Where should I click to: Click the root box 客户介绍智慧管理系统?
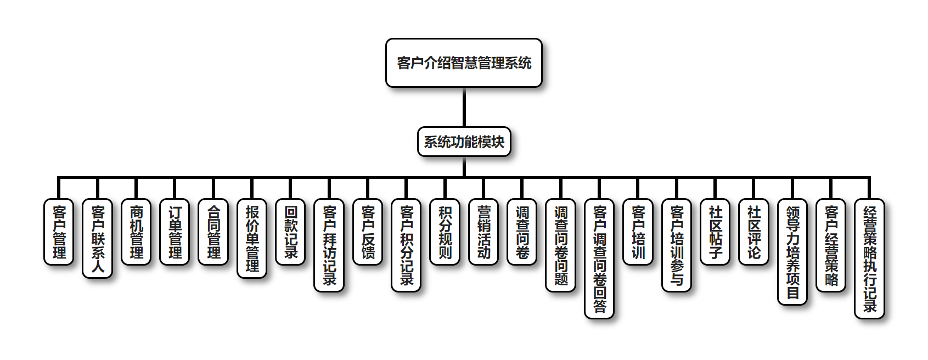[x=464, y=63]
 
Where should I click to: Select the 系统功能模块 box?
[x=464, y=142]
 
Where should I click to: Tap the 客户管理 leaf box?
[x=59, y=232]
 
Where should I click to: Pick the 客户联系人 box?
[x=98, y=238]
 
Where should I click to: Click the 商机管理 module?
[x=136, y=232]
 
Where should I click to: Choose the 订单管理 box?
[x=175, y=232]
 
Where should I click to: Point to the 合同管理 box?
[x=213, y=232]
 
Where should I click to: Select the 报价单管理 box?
[x=252, y=238]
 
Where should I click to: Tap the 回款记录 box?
[x=290, y=232]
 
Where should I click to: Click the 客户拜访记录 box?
[x=329, y=245]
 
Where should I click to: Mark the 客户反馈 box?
[x=368, y=232]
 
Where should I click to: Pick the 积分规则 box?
[x=445, y=232]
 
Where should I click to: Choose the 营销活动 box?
[x=483, y=232]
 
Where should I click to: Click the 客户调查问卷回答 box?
[x=599, y=258]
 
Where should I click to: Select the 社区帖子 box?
[x=715, y=232]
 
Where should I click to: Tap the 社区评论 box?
[x=754, y=232]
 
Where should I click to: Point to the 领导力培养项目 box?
[x=792, y=251]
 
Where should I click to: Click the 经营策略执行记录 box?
[x=870, y=258]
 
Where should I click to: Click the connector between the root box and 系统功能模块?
[x=464, y=108]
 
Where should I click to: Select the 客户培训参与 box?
[x=677, y=245]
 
